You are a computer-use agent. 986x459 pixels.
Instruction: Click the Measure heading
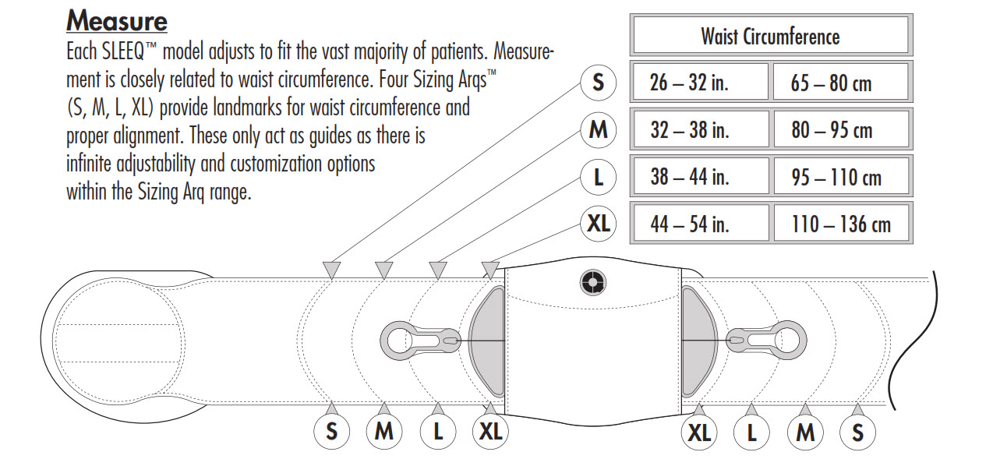[x=117, y=20]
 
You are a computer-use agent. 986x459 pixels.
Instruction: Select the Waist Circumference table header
[x=769, y=36]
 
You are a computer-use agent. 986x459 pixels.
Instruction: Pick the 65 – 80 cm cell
[x=840, y=82]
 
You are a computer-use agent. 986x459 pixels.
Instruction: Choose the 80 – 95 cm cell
[x=840, y=129]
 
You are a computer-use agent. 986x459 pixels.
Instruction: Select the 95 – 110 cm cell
[x=840, y=177]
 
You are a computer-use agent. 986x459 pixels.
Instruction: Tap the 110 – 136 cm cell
[x=840, y=224]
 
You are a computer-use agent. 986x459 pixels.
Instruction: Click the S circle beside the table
[x=598, y=82]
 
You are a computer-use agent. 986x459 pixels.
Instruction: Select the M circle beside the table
[x=598, y=129]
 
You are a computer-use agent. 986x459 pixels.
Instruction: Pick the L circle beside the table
[x=598, y=177]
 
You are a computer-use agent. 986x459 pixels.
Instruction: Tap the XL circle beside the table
[x=598, y=224]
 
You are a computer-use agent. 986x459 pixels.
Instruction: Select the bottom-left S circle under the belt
[x=332, y=432]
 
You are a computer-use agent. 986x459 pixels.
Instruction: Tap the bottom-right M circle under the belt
[x=805, y=432]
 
